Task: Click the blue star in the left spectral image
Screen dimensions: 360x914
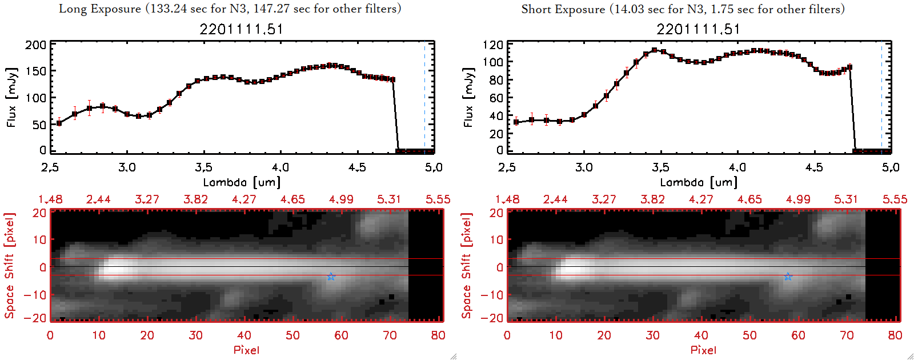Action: click(331, 277)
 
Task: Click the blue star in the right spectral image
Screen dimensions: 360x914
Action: click(788, 277)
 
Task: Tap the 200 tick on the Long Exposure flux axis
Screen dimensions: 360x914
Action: click(35, 45)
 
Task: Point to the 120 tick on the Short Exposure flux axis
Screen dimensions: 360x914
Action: click(492, 45)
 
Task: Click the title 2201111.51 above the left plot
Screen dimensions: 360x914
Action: click(241, 29)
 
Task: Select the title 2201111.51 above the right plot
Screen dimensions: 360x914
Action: click(698, 29)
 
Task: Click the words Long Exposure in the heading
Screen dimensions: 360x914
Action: click(100, 9)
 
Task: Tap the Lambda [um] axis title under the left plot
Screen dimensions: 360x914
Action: click(242, 182)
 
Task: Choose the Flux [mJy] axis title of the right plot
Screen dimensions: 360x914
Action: click(468, 98)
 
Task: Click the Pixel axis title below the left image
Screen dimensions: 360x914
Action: click(246, 350)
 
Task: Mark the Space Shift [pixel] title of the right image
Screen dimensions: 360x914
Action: click(467, 266)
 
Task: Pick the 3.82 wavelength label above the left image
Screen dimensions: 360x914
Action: click(195, 199)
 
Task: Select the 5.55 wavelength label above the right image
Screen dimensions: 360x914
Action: click(895, 199)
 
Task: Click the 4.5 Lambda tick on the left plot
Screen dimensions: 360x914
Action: click(357, 167)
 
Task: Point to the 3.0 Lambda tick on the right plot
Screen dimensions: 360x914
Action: click(584, 167)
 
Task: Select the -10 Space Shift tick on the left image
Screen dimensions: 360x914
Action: click(35, 294)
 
